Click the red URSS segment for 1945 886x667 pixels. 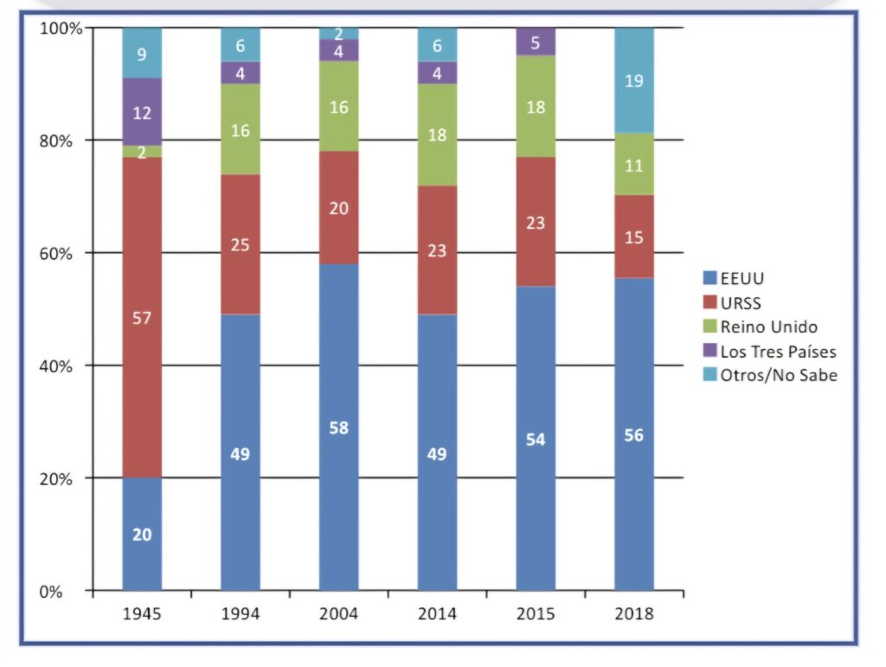[142, 317]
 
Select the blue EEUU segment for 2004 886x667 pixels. [338, 427]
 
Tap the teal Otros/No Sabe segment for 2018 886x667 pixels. [634, 81]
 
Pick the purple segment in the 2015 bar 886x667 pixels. [536, 42]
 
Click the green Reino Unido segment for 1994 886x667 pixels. [241, 129]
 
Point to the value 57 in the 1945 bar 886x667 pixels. [142, 318]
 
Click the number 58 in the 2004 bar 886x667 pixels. [338, 428]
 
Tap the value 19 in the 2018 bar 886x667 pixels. [634, 81]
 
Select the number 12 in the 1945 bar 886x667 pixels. [142, 113]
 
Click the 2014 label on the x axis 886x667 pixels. [437, 614]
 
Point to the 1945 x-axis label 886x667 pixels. [142, 614]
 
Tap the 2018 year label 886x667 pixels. [634, 614]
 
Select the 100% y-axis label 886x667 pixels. [61, 29]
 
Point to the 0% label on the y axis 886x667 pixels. [50, 592]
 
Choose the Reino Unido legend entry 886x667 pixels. [760, 327]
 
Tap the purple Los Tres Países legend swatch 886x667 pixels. [709, 351]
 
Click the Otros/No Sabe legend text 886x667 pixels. [779, 375]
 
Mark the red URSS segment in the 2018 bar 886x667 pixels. [634, 236]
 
